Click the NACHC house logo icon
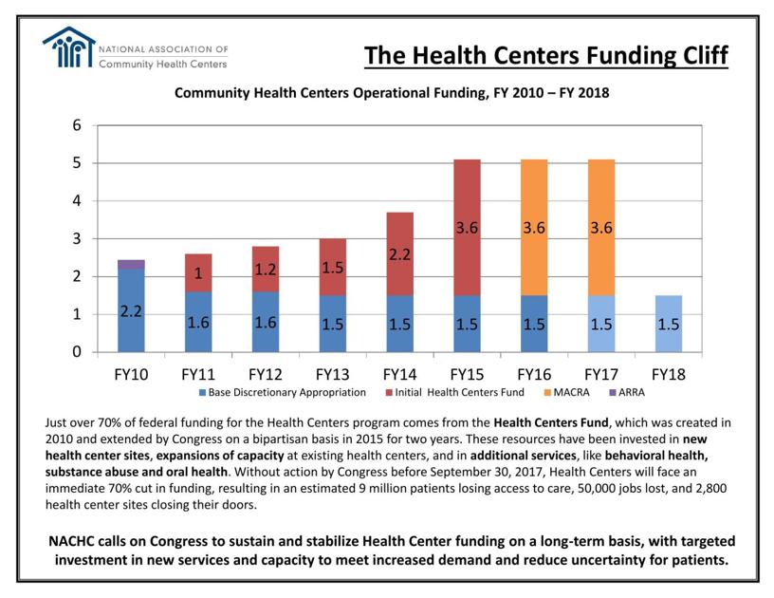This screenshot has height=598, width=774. (69, 47)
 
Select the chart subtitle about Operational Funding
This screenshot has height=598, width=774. (391, 94)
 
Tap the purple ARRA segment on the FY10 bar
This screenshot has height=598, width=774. (131, 264)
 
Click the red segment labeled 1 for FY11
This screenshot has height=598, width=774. (198, 272)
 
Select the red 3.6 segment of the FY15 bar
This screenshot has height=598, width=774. (466, 227)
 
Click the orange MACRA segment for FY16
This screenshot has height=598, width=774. (533, 227)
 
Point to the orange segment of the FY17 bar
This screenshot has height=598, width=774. (600, 227)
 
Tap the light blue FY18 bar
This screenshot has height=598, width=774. (668, 323)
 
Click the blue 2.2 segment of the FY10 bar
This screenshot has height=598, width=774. (131, 310)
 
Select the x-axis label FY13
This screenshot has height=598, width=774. (332, 374)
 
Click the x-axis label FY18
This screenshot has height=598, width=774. (668, 374)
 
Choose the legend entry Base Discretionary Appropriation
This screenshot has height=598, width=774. (282, 392)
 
